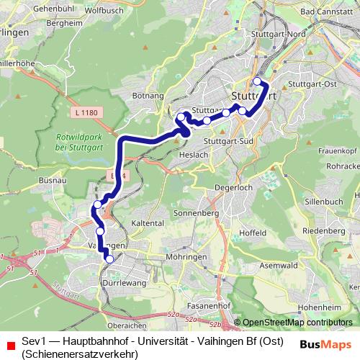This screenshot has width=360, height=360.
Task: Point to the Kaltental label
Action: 148,223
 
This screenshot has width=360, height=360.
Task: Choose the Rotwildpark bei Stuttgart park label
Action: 78,143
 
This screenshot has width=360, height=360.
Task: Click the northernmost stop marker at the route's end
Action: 257,81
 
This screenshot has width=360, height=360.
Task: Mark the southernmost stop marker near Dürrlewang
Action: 109,258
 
